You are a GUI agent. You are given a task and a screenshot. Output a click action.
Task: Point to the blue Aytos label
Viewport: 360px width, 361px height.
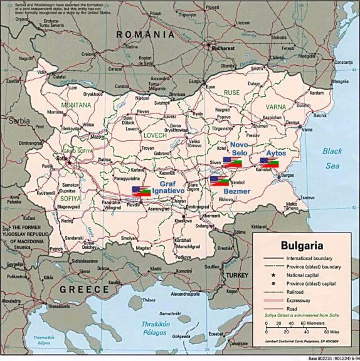[276, 152]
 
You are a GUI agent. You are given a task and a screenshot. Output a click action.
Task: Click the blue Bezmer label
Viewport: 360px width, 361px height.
[237, 191]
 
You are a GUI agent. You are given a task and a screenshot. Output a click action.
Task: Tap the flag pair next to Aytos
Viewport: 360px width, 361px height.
[269, 162]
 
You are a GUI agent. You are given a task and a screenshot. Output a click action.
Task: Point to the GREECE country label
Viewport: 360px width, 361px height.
[85, 289]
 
